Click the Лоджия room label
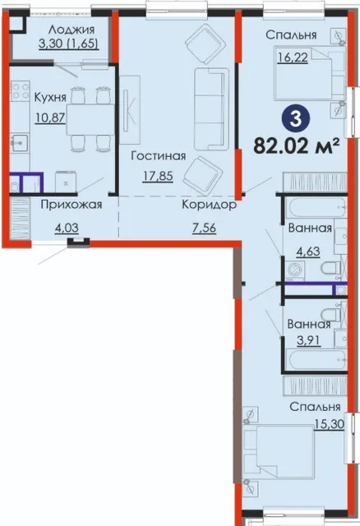point(72,30)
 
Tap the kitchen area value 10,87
point(50,118)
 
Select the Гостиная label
point(159,155)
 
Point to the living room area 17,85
point(158,176)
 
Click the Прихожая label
point(72,205)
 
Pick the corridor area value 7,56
point(205,228)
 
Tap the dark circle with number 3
point(296,119)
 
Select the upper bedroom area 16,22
point(293,58)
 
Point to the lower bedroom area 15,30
point(330,425)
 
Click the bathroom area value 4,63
point(307,251)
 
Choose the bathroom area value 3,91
point(308,341)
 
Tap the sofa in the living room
point(211,108)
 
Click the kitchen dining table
point(90,119)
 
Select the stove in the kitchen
point(20,91)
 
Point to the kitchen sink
point(20,144)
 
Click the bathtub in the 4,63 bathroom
point(315,208)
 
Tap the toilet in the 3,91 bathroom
point(330,314)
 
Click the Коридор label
point(210,205)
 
